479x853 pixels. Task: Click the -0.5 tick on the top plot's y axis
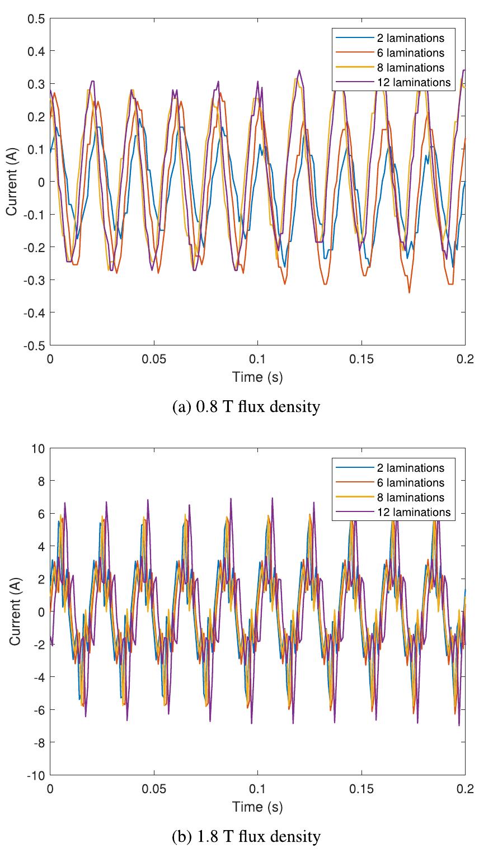(34, 345)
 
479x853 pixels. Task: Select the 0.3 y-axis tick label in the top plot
(36, 84)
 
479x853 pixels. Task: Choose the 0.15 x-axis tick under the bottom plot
(361, 788)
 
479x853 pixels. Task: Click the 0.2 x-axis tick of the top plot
(464, 358)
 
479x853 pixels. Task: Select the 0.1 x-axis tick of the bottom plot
(257, 788)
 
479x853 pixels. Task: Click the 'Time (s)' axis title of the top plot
(257, 377)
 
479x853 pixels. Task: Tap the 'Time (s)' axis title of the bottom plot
(257, 807)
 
